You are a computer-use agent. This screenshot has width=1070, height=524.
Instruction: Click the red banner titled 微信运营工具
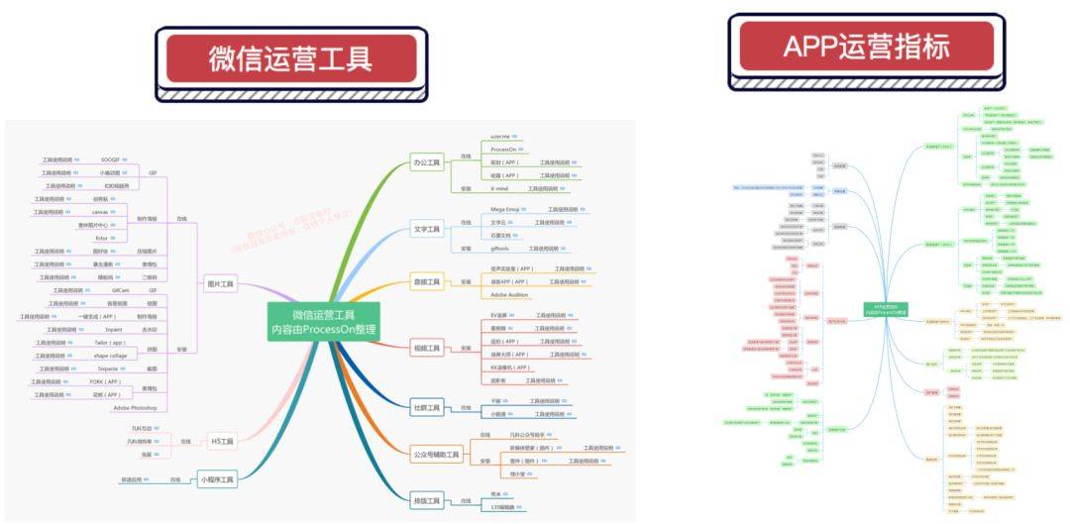click(x=290, y=58)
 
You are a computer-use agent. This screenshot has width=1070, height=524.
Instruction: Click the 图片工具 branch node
click(x=219, y=284)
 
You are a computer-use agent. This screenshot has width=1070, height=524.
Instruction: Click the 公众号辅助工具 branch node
click(x=437, y=455)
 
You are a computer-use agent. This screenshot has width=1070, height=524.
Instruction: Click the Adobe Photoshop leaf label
click(x=135, y=407)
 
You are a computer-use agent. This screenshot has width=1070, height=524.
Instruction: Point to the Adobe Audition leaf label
click(x=511, y=295)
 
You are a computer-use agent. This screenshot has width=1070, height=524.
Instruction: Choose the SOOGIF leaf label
click(x=110, y=159)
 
